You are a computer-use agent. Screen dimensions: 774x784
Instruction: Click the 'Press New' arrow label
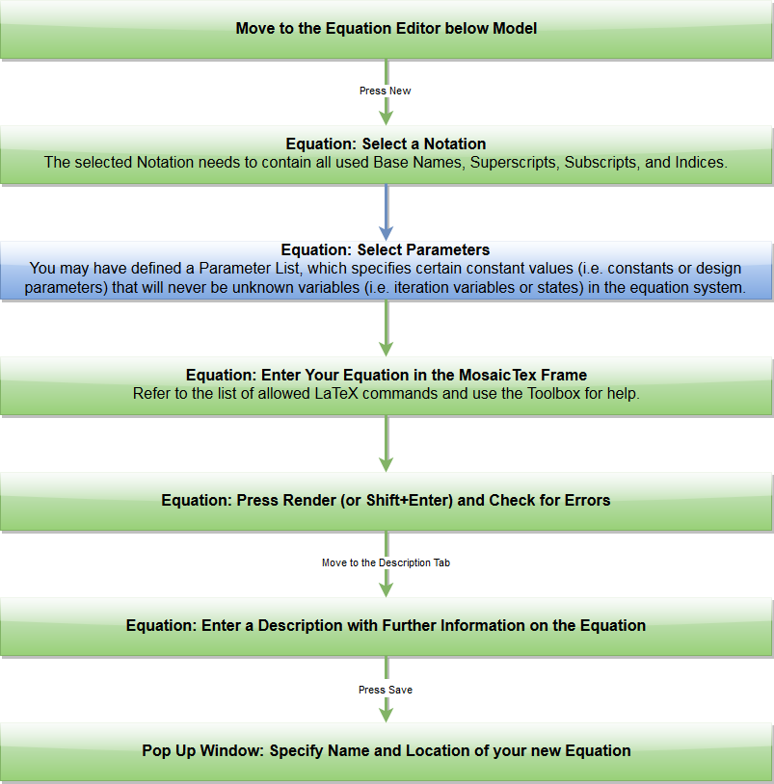386,91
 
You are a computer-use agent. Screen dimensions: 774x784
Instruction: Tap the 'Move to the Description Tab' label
386,563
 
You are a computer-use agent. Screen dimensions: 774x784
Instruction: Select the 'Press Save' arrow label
386,690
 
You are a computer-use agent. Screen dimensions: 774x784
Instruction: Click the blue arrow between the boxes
386,213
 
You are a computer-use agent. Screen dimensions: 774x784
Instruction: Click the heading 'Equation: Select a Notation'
386,144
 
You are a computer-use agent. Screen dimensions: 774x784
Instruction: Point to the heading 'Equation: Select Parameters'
386,250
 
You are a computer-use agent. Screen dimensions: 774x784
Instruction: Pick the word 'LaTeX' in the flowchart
336,394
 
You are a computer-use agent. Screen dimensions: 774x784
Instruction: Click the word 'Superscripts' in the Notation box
513,163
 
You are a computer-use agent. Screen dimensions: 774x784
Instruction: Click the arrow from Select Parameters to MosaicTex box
386,328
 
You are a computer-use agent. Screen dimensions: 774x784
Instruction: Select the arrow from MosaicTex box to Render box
386,443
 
